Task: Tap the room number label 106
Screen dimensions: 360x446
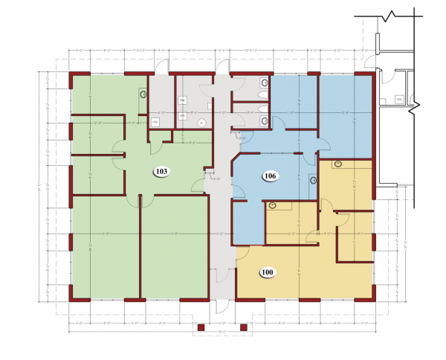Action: click(x=271, y=176)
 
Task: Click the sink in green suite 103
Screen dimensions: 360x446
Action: click(x=143, y=94)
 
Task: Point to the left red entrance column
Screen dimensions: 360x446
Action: click(x=200, y=326)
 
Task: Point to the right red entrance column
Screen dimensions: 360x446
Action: click(x=244, y=326)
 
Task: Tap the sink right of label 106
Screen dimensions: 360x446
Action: click(x=313, y=179)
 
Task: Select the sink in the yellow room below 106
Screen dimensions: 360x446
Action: click(x=272, y=205)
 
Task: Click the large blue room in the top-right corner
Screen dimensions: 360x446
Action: click(x=345, y=112)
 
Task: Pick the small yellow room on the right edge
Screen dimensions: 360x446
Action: click(x=355, y=234)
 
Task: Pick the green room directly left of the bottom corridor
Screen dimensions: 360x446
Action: click(x=173, y=245)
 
